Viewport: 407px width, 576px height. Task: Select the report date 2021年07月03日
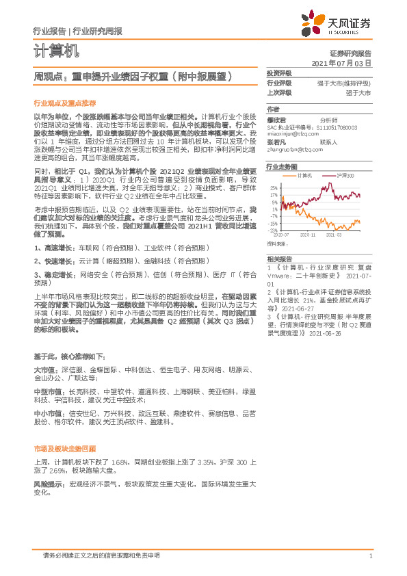point(341,62)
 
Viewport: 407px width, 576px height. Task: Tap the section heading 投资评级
point(278,73)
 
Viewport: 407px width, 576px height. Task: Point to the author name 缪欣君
point(276,119)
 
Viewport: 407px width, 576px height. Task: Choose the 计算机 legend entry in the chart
point(305,176)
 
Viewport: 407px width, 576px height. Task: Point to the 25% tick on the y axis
point(274,187)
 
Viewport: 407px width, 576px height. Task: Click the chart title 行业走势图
point(282,166)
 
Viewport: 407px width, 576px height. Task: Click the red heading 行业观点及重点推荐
point(65,103)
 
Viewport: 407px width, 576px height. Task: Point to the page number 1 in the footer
point(369,556)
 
